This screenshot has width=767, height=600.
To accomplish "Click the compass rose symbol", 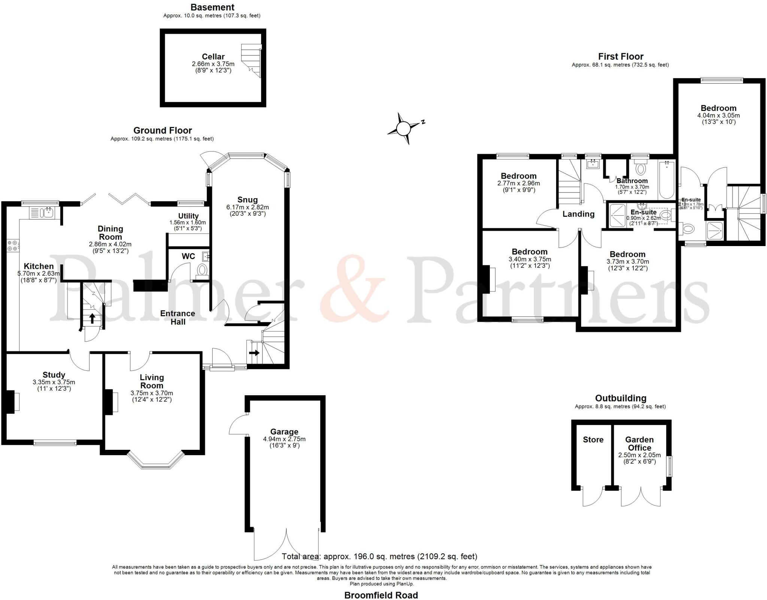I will pyautogui.click(x=404, y=129).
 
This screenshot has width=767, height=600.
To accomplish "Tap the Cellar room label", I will pyautogui.click(x=213, y=57).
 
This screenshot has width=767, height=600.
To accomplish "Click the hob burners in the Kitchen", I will pyautogui.click(x=12, y=245).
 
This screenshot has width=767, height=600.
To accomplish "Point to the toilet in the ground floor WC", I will pyautogui.click(x=202, y=270).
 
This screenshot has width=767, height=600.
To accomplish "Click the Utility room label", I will pyautogui.click(x=188, y=216).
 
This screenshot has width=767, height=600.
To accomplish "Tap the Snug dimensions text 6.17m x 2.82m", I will pyautogui.click(x=247, y=207).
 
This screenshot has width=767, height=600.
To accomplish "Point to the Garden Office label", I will pyautogui.click(x=639, y=443).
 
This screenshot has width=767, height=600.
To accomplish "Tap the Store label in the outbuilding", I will pyautogui.click(x=593, y=440).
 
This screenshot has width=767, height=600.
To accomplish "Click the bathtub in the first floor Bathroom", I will pyautogui.click(x=666, y=180).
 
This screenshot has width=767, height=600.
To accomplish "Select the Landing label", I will pyautogui.click(x=578, y=214).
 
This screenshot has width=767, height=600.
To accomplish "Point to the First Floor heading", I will pyautogui.click(x=621, y=57).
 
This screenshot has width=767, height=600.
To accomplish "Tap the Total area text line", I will pyautogui.click(x=379, y=556).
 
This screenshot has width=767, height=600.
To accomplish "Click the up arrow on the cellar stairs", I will pyautogui.click(x=92, y=318).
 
